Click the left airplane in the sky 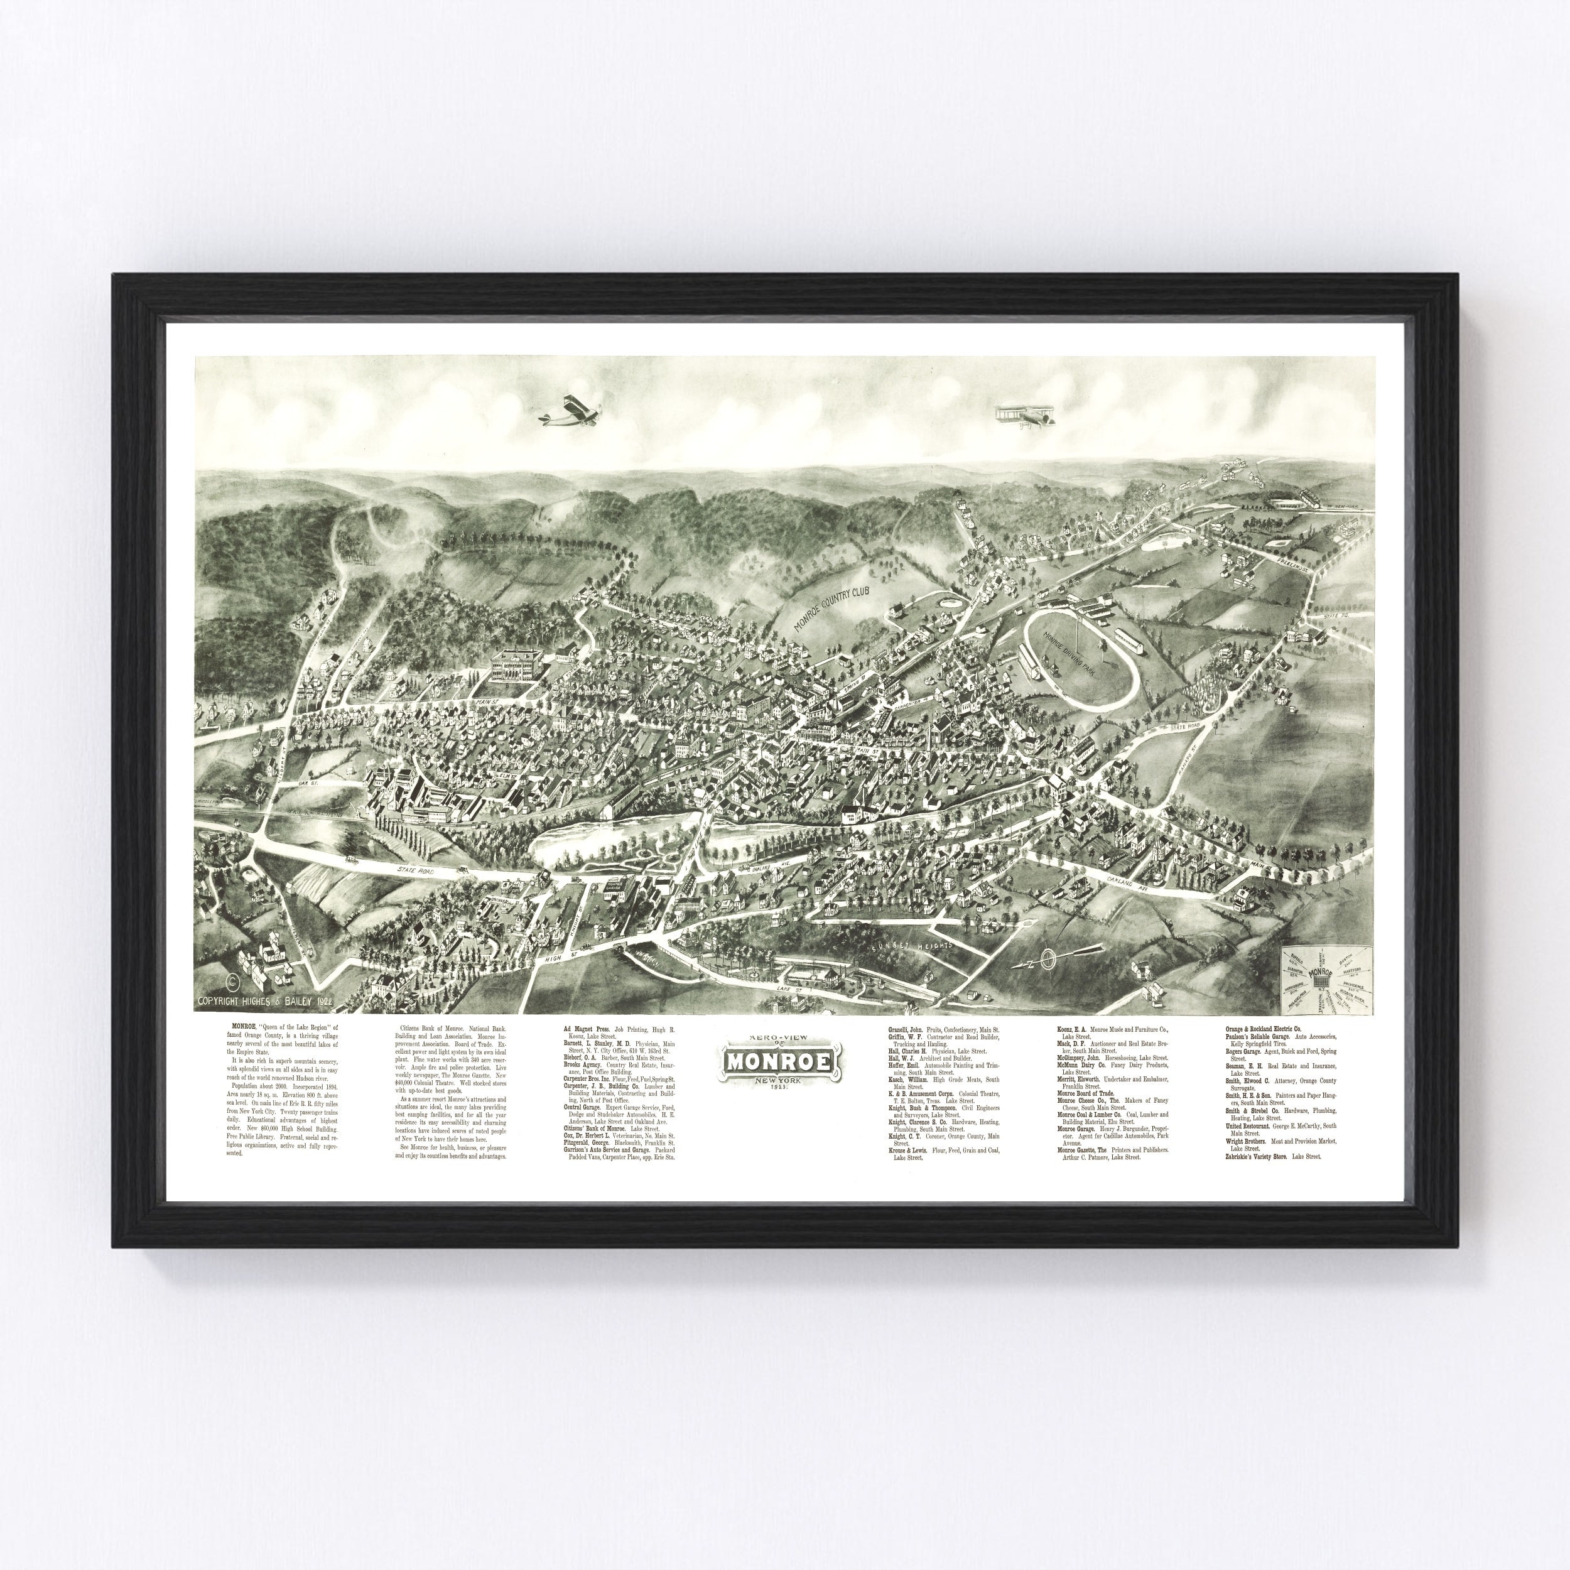(570, 412)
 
